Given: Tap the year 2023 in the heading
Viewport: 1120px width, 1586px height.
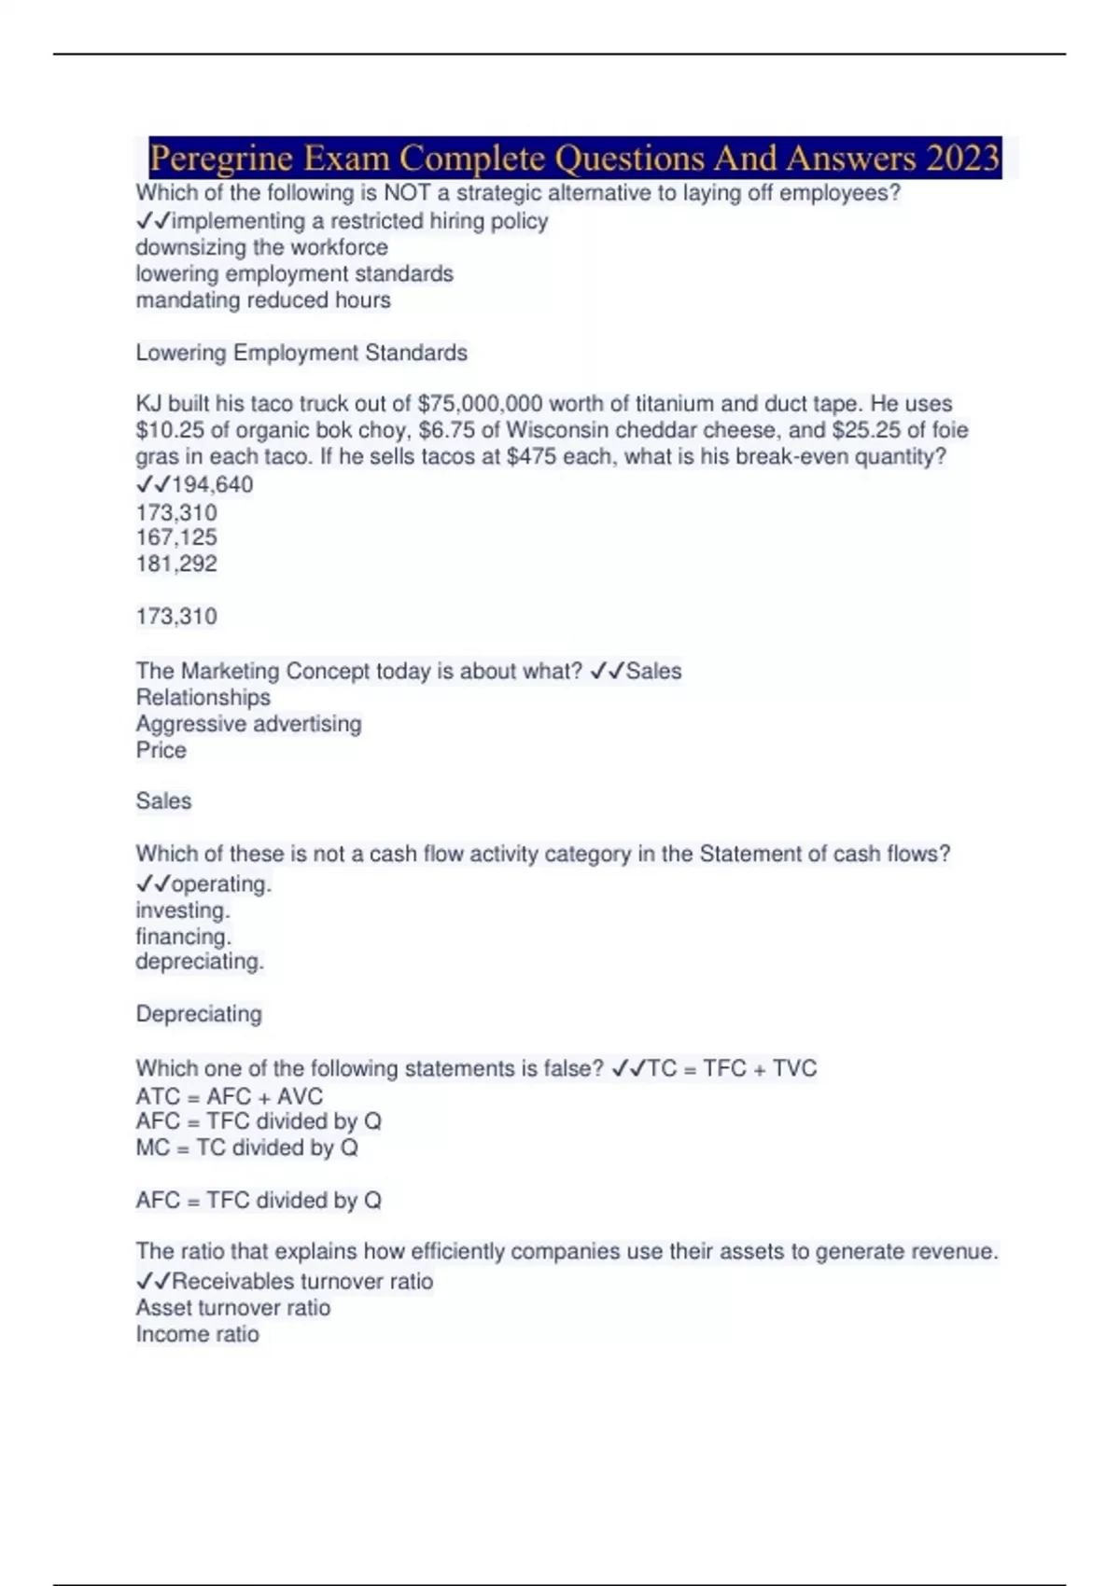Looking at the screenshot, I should click(x=962, y=158).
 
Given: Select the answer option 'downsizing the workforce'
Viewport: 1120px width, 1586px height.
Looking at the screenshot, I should click(x=261, y=247).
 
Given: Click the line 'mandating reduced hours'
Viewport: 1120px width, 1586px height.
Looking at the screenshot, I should click(x=262, y=300).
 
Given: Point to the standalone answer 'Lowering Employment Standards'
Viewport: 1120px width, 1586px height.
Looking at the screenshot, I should click(x=301, y=353).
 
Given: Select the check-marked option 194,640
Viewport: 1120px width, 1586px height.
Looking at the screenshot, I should click(x=212, y=484).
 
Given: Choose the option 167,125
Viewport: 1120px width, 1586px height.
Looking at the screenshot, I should click(x=175, y=537).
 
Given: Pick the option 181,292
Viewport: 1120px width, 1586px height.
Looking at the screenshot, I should click(x=175, y=563).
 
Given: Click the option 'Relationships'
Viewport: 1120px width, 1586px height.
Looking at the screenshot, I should click(x=203, y=698).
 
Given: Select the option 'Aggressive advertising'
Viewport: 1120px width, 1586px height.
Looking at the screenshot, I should click(x=248, y=724).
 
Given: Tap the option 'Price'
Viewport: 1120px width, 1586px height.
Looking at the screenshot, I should click(x=161, y=750).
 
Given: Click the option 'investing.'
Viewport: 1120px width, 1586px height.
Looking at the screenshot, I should click(x=182, y=911).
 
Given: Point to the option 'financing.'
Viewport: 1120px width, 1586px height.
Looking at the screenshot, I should click(x=183, y=937).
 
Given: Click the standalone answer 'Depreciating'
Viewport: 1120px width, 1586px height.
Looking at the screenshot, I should click(x=199, y=1014).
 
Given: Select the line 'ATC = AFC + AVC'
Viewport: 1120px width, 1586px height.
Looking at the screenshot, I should click(x=229, y=1096).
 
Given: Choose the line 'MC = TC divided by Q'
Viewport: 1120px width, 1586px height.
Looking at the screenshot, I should click(x=246, y=1148).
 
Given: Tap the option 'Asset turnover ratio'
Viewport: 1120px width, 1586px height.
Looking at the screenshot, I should click(x=232, y=1308).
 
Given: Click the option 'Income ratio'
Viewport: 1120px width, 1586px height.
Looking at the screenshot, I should click(x=197, y=1334).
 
